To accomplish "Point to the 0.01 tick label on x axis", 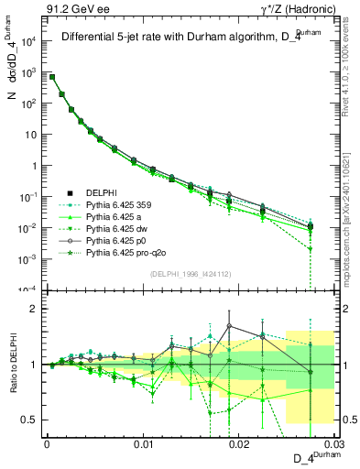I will tap(143, 443).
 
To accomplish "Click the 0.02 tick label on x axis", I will tap(239, 443).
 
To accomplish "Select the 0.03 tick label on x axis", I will tap(333, 443).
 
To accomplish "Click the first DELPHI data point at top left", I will tap(52, 77).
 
